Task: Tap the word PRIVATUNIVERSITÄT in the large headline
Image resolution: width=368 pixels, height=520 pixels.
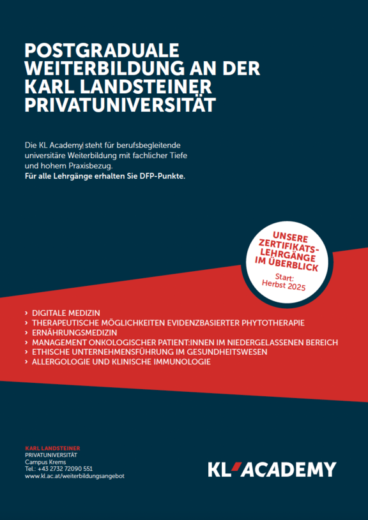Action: (x=120, y=105)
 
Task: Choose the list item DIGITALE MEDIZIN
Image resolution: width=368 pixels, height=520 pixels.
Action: (x=66, y=313)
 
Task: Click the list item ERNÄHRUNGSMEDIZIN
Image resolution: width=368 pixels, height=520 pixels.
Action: (x=75, y=332)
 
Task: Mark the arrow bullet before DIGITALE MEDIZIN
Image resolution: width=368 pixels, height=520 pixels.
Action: (x=26, y=314)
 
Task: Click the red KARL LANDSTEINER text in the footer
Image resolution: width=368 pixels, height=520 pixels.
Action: (x=52, y=448)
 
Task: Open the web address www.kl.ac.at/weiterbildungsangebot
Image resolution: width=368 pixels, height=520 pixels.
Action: (x=75, y=476)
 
